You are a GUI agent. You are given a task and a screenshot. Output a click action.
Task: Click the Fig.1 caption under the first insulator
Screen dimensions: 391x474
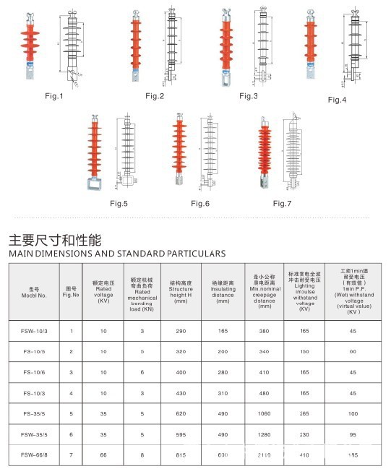coord(54,96)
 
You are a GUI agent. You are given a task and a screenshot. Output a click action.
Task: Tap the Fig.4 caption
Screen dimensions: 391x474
coord(337,99)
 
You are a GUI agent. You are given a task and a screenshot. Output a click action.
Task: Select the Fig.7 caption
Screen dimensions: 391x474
coord(283,204)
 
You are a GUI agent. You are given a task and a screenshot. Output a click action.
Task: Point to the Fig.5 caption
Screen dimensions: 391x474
coord(118,204)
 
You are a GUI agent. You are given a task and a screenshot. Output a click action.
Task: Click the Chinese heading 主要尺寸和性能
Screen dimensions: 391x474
coord(54,239)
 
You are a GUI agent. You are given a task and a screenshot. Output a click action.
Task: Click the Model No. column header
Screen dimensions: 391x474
coord(34,293)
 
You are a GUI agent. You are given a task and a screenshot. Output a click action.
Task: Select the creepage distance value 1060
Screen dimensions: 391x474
coord(264,414)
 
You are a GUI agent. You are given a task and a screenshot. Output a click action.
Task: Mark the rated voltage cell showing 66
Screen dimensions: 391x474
coord(103,456)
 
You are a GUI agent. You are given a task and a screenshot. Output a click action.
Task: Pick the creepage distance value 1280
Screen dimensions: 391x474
coord(264,435)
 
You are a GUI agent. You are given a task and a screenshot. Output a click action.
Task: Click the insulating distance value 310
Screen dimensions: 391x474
coord(223,393)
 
